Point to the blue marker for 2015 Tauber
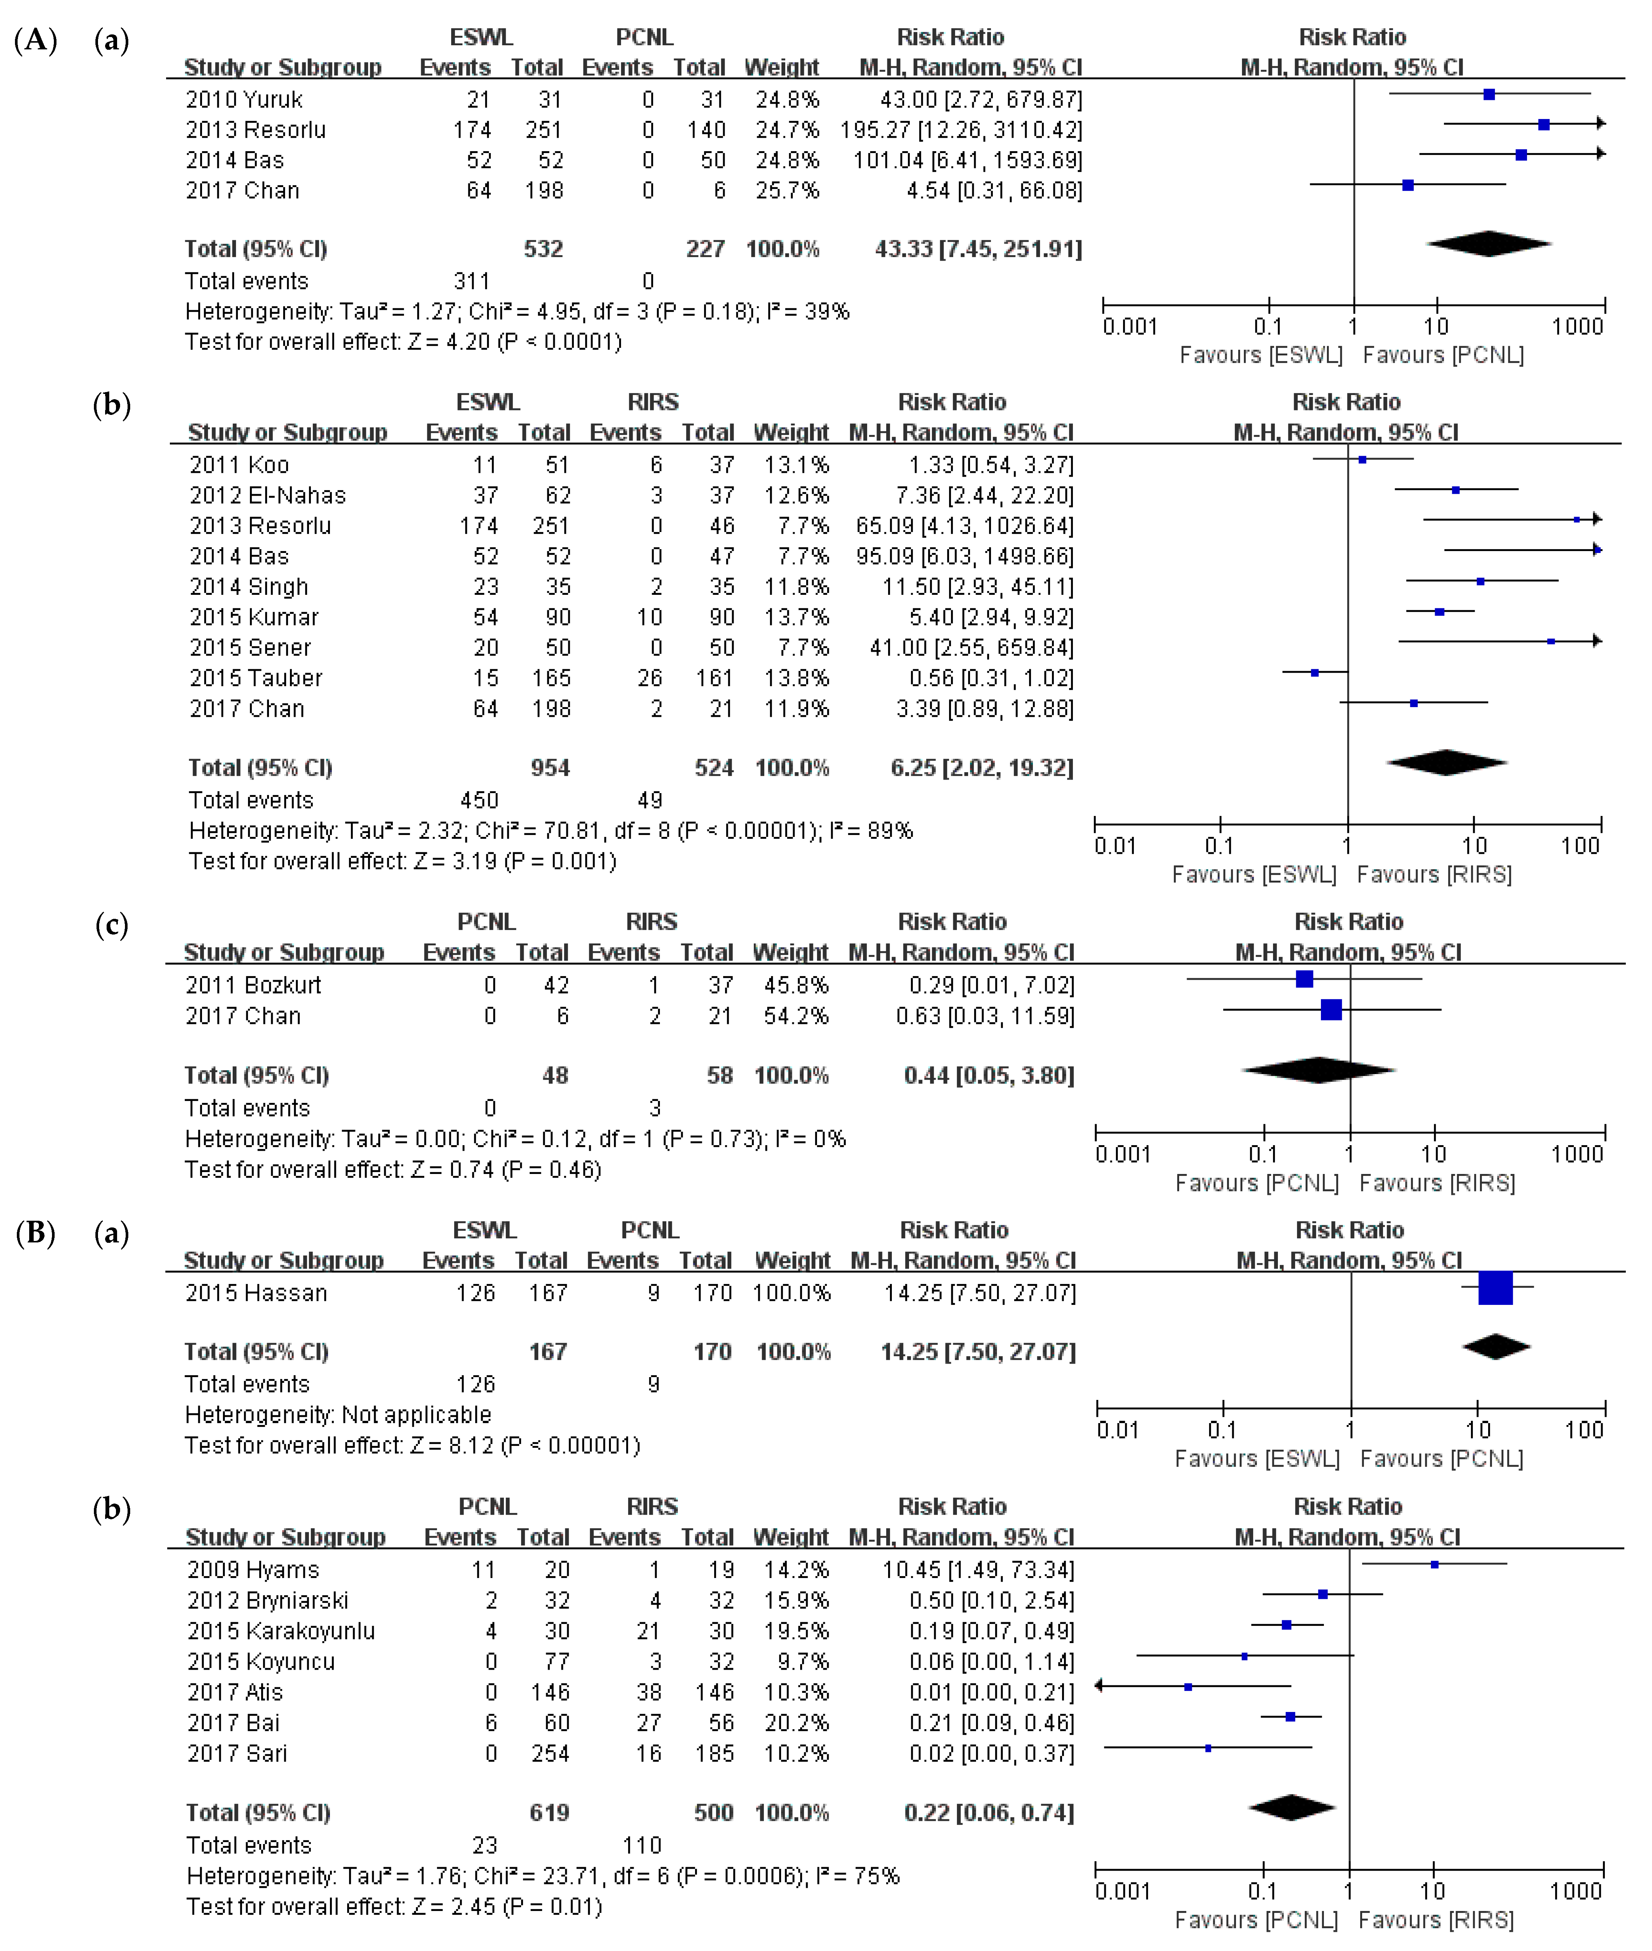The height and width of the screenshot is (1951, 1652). pos(1315,673)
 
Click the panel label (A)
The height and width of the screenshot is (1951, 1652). pos(36,40)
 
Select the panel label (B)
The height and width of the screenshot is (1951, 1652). pos(36,1233)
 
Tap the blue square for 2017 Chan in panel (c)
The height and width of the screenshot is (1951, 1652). pos(1331,1010)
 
